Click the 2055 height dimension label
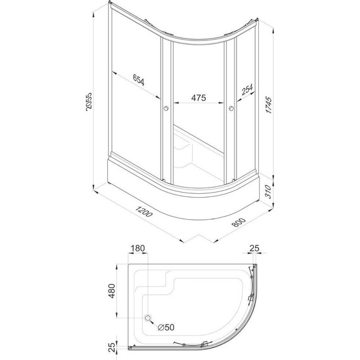(x=89, y=102)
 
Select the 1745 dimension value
(x=268, y=105)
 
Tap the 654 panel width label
(x=139, y=80)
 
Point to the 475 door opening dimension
(x=198, y=98)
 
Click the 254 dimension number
(x=248, y=89)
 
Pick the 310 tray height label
(x=268, y=191)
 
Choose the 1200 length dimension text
(x=144, y=212)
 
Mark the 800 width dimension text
(x=239, y=222)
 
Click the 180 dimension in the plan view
(x=138, y=248)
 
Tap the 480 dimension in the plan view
(x=112, y=291)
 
